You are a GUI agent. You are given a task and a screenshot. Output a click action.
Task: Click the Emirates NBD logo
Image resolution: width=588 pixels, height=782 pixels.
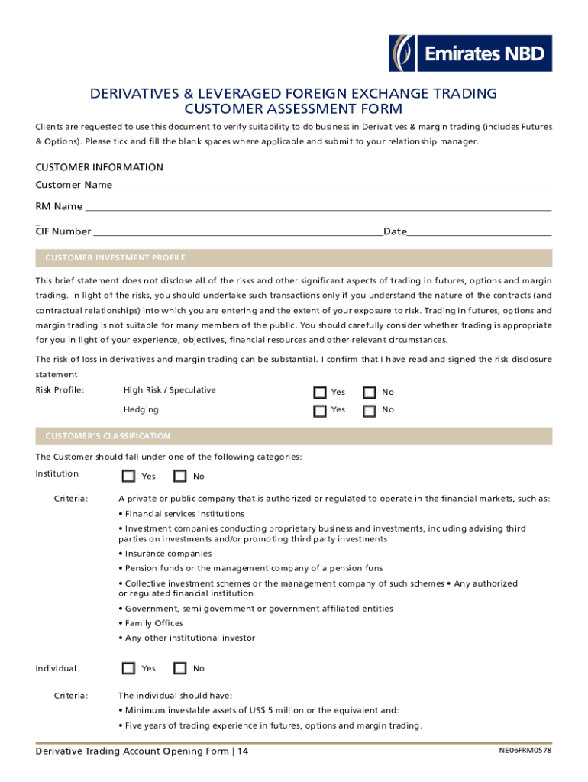coord(470,53)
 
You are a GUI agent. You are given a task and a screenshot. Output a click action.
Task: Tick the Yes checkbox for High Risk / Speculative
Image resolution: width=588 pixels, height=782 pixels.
coord(321,393)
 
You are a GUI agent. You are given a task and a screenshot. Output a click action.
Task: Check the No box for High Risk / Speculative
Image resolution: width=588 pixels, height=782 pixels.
coord(370,393)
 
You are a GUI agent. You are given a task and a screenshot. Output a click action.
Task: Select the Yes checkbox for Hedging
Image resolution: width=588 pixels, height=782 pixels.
coord(321,411)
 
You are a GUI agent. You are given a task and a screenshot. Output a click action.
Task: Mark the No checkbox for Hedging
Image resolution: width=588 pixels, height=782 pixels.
coord(370,411)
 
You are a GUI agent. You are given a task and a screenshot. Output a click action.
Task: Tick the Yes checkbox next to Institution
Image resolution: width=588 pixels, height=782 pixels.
coord(129,477)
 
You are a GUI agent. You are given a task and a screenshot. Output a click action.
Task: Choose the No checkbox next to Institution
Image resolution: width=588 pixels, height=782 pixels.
coord(180,477)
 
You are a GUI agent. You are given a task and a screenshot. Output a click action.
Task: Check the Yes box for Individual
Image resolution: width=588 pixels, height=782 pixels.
coord(129,669)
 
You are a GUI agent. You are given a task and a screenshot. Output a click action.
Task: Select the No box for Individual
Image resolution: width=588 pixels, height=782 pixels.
coord(180,669)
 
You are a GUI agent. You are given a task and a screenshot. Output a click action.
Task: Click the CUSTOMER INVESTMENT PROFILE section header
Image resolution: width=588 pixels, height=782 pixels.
coord(115,258)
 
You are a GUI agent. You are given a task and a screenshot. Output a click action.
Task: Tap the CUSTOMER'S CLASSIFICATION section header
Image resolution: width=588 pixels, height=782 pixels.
coord(108,436)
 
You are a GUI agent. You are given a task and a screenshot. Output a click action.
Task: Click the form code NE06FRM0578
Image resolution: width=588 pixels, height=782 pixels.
coord(524,751)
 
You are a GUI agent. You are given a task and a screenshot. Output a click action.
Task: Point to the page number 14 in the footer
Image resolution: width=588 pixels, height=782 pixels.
coord(243,751)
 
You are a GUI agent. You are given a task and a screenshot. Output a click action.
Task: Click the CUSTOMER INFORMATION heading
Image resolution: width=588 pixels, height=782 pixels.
coord(99,167)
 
